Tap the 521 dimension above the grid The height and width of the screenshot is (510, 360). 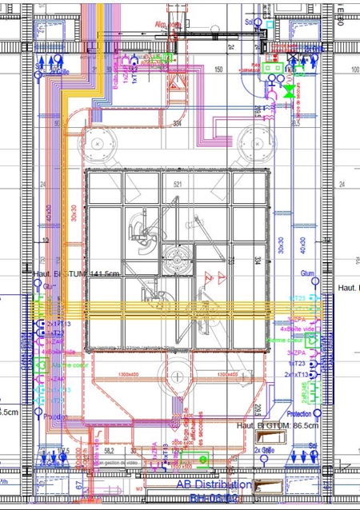[x=178, y=185]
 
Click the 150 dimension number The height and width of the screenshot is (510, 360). [x=217, y=70]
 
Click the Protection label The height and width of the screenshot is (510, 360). [x=298, y=414]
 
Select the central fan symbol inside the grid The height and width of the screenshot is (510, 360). [x=178, y=258]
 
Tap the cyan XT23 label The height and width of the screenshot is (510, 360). [x=297, y=299]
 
